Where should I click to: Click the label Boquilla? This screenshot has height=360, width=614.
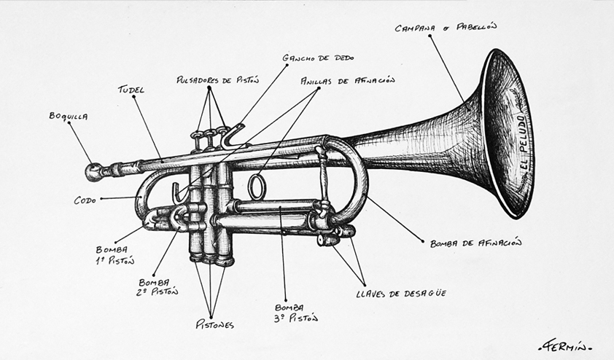pyautogui.click(x=68, y=116)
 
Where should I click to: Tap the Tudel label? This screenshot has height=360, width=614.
pyautogui.click(x=131, y=90)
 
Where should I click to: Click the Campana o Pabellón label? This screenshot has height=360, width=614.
pyautogui.click(x=445, y=28)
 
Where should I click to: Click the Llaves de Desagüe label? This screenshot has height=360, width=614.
pyautogui.click(x=400, y=294)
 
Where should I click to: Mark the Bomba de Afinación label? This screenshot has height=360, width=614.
pyautogui.click(x=475, y=243)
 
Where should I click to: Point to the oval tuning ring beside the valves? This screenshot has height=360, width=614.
pyautogui.click(x=256, y=187)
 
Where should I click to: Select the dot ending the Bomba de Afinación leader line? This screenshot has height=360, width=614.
pyautogui.click(x=422, y=241)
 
